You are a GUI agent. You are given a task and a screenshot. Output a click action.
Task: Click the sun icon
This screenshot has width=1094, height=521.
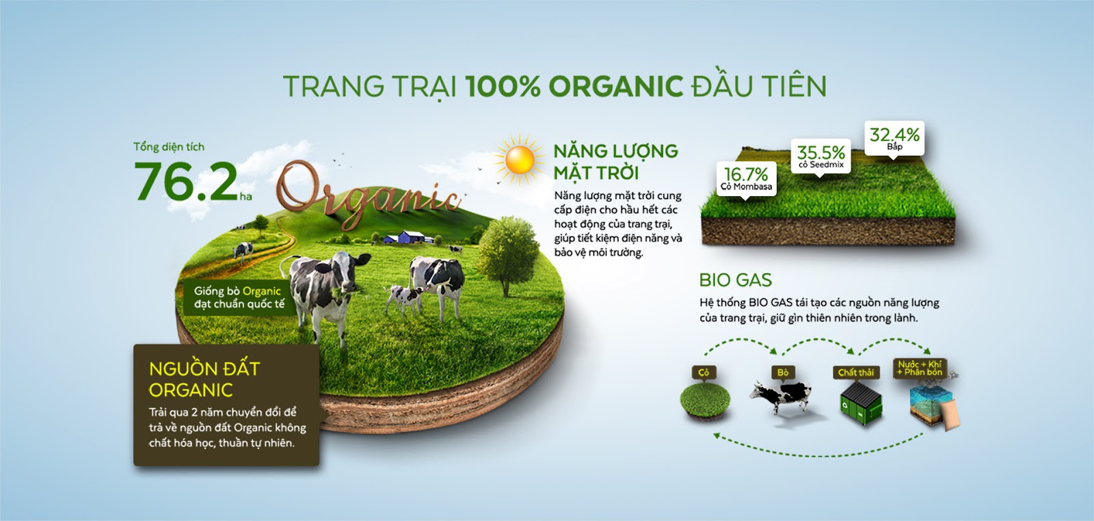pyautogui.click(x=519, y=160)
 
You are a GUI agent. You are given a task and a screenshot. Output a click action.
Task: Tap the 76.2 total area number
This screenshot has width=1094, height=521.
pyautogui.click(x=186, y=181)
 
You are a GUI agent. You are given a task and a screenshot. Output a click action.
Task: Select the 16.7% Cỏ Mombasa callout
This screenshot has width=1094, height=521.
pyautogui.click(x=746, y=179)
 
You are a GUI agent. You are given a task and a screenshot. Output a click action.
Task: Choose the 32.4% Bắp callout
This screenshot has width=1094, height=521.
pyautogui.click(x=894, y=139)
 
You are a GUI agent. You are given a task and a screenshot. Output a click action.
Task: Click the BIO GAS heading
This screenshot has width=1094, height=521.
pyautogui.click(x=736, y=280)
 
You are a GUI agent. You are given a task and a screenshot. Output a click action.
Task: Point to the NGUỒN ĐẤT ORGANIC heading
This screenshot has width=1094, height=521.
pyautogui.click(x=204, y=379)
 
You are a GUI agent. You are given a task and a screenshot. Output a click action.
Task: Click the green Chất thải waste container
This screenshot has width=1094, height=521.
pyautogui.click(x=861, y=403)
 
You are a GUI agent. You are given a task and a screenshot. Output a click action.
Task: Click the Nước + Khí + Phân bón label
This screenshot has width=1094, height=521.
pyautogui.click(x=920, y=368)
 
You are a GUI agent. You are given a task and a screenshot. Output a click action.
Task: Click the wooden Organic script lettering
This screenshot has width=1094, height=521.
pyautogui.click(x=369, y=195)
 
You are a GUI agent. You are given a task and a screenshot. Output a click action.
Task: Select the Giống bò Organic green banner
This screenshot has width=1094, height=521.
pyautogui.click(x=239, y=297)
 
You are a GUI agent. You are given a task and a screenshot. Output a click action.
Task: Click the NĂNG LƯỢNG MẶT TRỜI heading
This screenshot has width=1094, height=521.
pyautogui.click(x=615, y=161)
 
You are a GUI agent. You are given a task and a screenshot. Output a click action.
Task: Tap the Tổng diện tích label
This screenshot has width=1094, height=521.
pyautogui.click(x=169, y=147)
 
